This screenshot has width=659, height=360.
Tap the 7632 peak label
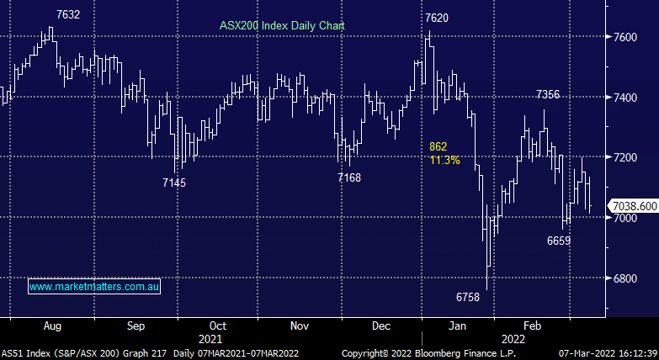coord(68,14)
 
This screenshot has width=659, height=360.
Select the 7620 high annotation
coord(437,18)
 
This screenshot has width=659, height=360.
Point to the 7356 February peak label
coord(549,95)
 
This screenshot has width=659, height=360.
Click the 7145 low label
coord(174,183)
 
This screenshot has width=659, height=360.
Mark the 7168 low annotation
coord(349,177)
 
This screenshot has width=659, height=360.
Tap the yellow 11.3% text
coord(444,160)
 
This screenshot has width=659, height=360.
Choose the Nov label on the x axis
coord(299,325)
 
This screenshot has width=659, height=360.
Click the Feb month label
coord(532,325)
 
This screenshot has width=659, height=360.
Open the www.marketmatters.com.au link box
coord(94,287)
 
